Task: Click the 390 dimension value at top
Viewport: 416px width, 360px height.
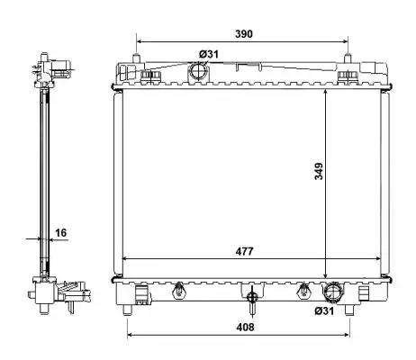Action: (244, 34)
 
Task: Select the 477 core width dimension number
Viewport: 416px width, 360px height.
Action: (244, 251)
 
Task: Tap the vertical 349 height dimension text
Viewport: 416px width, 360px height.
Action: (319, 171)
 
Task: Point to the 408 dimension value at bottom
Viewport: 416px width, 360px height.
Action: (245, 327)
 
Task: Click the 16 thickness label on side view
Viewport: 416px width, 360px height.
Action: (61, 232)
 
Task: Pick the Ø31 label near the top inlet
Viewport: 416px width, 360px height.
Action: (209, 54)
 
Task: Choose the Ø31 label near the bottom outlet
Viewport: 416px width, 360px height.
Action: (324, 311)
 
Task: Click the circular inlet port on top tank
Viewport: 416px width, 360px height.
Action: (197, 72)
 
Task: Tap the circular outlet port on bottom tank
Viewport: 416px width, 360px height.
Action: (332, 292)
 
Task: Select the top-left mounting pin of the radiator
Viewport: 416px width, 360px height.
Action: (136, 58)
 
